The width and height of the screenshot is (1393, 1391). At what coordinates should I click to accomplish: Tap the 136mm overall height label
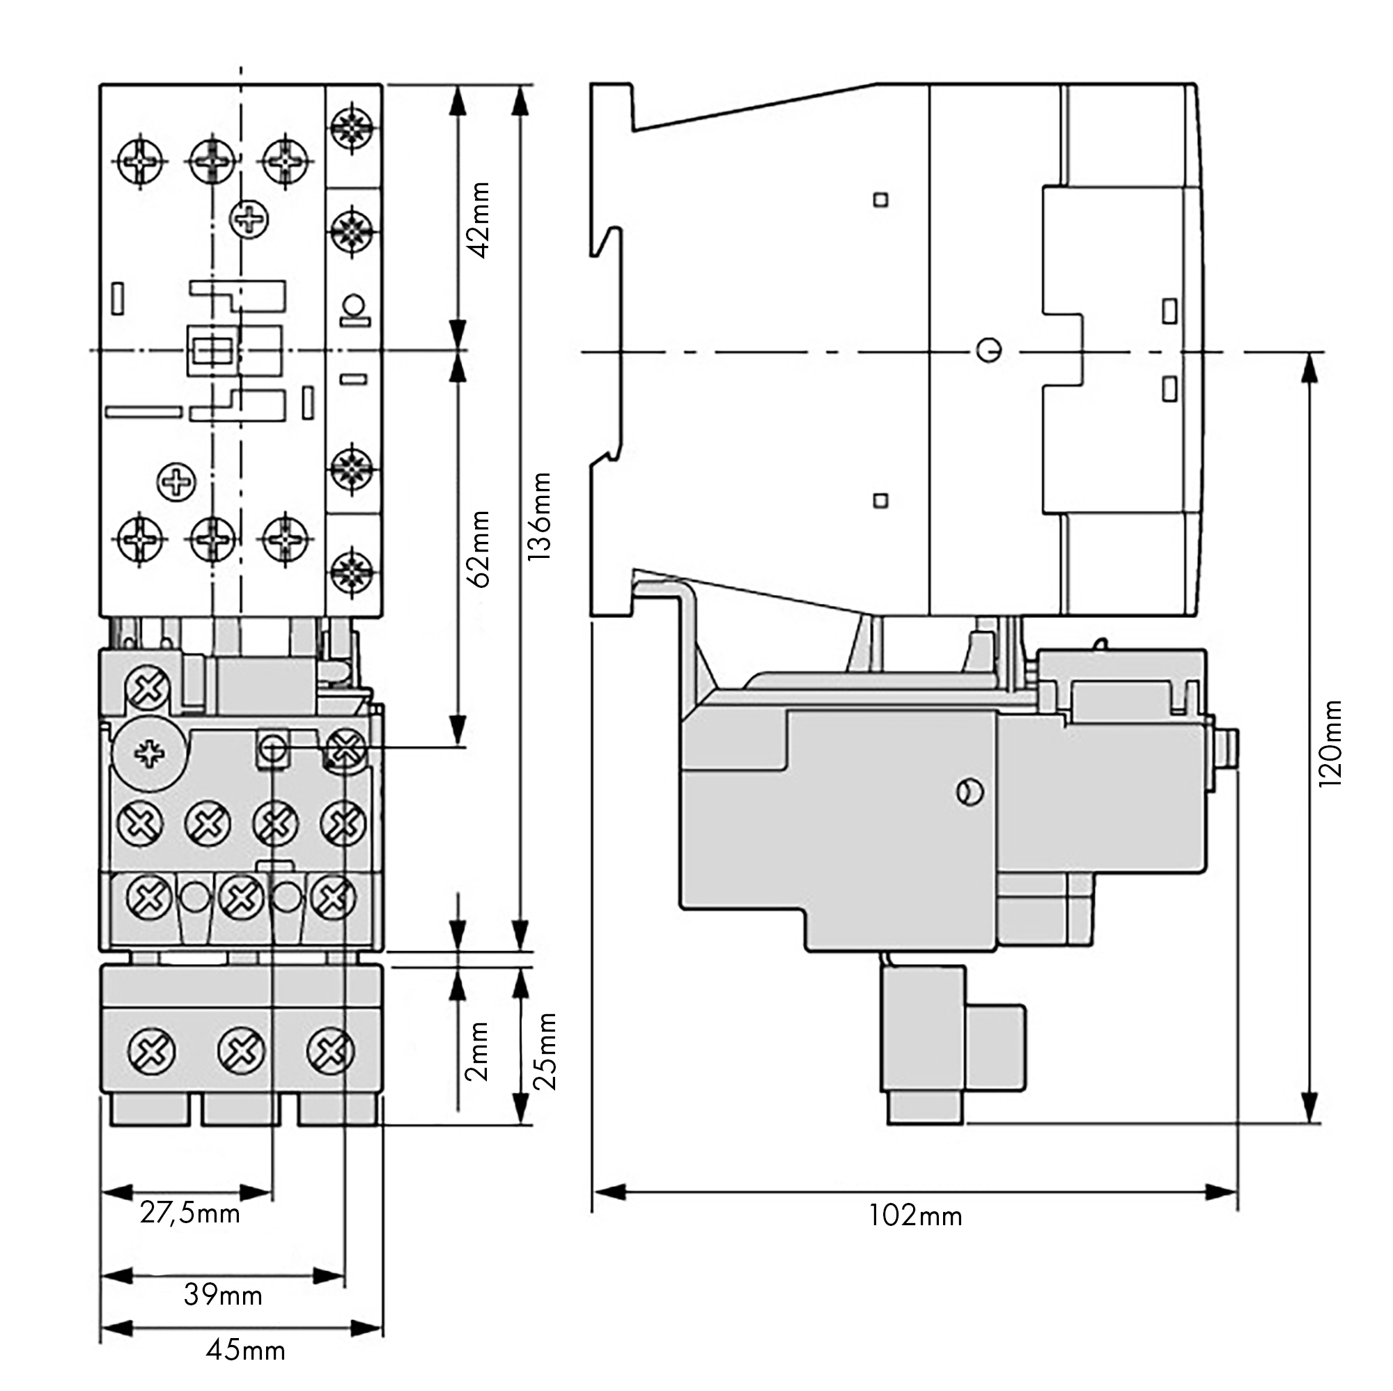tap(540, 516)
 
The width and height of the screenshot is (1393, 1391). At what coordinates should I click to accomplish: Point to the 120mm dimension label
tap(1330, 743)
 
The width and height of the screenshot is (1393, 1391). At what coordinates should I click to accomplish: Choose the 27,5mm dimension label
tap(189, 1213)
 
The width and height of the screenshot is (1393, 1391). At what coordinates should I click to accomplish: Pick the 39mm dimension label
tap(223, 1295)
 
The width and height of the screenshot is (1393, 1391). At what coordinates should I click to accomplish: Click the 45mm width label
tap(245, 1351)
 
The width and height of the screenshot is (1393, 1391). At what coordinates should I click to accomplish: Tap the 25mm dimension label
tap(545, 1051)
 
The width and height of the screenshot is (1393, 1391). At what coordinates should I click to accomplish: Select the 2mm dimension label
tap(477, 1051)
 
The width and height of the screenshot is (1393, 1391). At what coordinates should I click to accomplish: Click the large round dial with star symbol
tap(148, 754)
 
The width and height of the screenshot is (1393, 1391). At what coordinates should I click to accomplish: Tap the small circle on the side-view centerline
tap(988, 350)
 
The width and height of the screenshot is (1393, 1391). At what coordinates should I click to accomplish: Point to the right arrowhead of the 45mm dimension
tap(368, 1328)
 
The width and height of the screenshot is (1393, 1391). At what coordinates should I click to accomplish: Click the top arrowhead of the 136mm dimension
tap(519, 101)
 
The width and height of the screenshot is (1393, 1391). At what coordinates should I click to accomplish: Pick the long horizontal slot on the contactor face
tap(143, 412)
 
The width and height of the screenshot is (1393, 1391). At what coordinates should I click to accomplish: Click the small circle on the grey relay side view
tap(970, 792)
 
